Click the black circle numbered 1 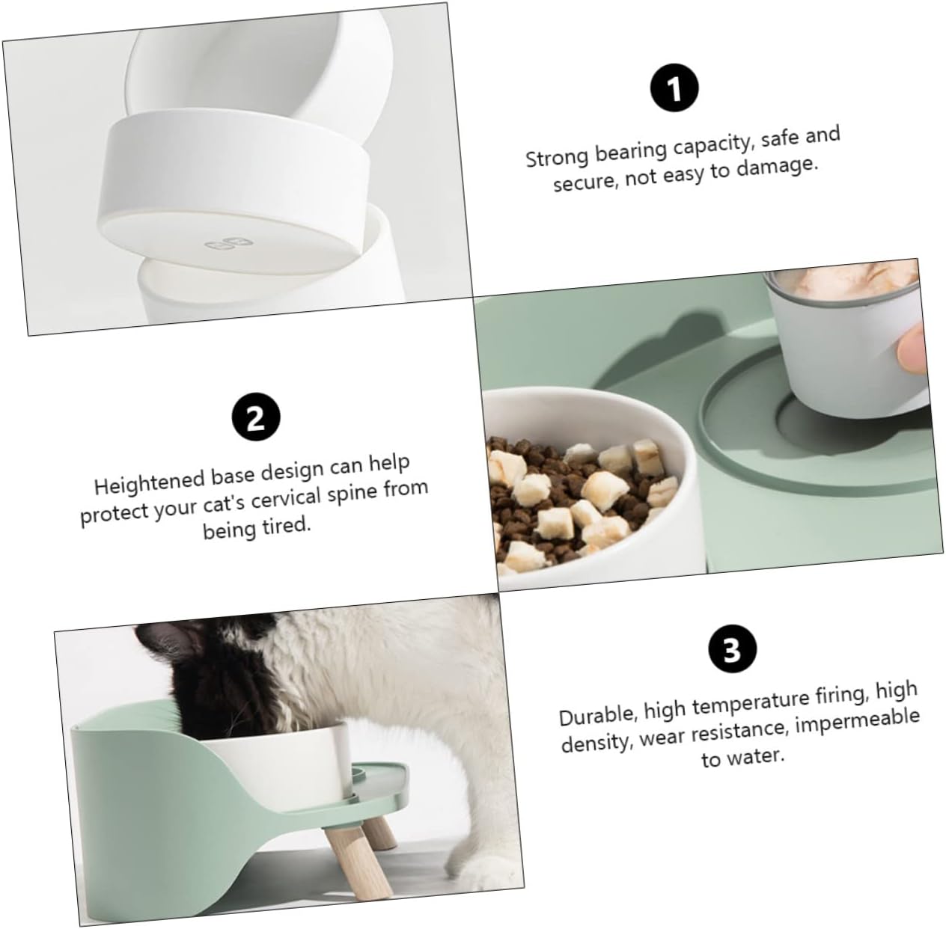coord(674,89)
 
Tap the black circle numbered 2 coord(255,417)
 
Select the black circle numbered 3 coord(732,649)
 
